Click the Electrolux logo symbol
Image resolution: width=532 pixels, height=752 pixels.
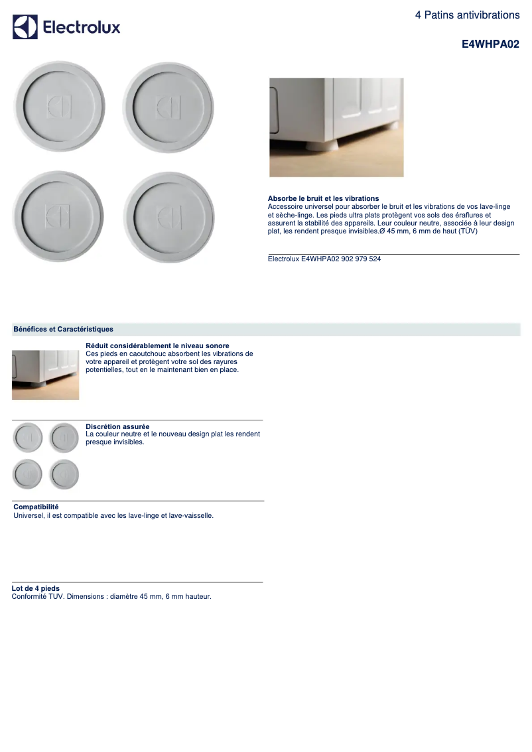point(25,27)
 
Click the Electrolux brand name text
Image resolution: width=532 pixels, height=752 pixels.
point(82,27)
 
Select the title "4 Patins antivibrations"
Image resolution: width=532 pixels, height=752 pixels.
point(467,15)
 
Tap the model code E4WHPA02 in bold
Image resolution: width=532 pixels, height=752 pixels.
point(490,44)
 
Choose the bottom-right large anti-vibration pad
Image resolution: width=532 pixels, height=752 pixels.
point(168,217)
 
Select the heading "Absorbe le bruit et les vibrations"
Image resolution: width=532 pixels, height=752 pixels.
point(323,198)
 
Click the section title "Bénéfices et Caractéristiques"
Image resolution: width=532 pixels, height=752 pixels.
point(63,329)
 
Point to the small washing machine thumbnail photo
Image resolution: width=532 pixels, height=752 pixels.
point(45,375)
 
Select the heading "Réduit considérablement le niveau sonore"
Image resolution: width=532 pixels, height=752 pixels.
point(157,345)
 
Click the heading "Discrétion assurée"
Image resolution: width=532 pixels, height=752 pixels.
point(117,426)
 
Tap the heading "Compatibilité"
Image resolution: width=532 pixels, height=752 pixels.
point(36,507)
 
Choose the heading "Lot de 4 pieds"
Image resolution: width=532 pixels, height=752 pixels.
point(35,588)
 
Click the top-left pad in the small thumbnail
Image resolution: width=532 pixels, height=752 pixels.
point(27,438)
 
